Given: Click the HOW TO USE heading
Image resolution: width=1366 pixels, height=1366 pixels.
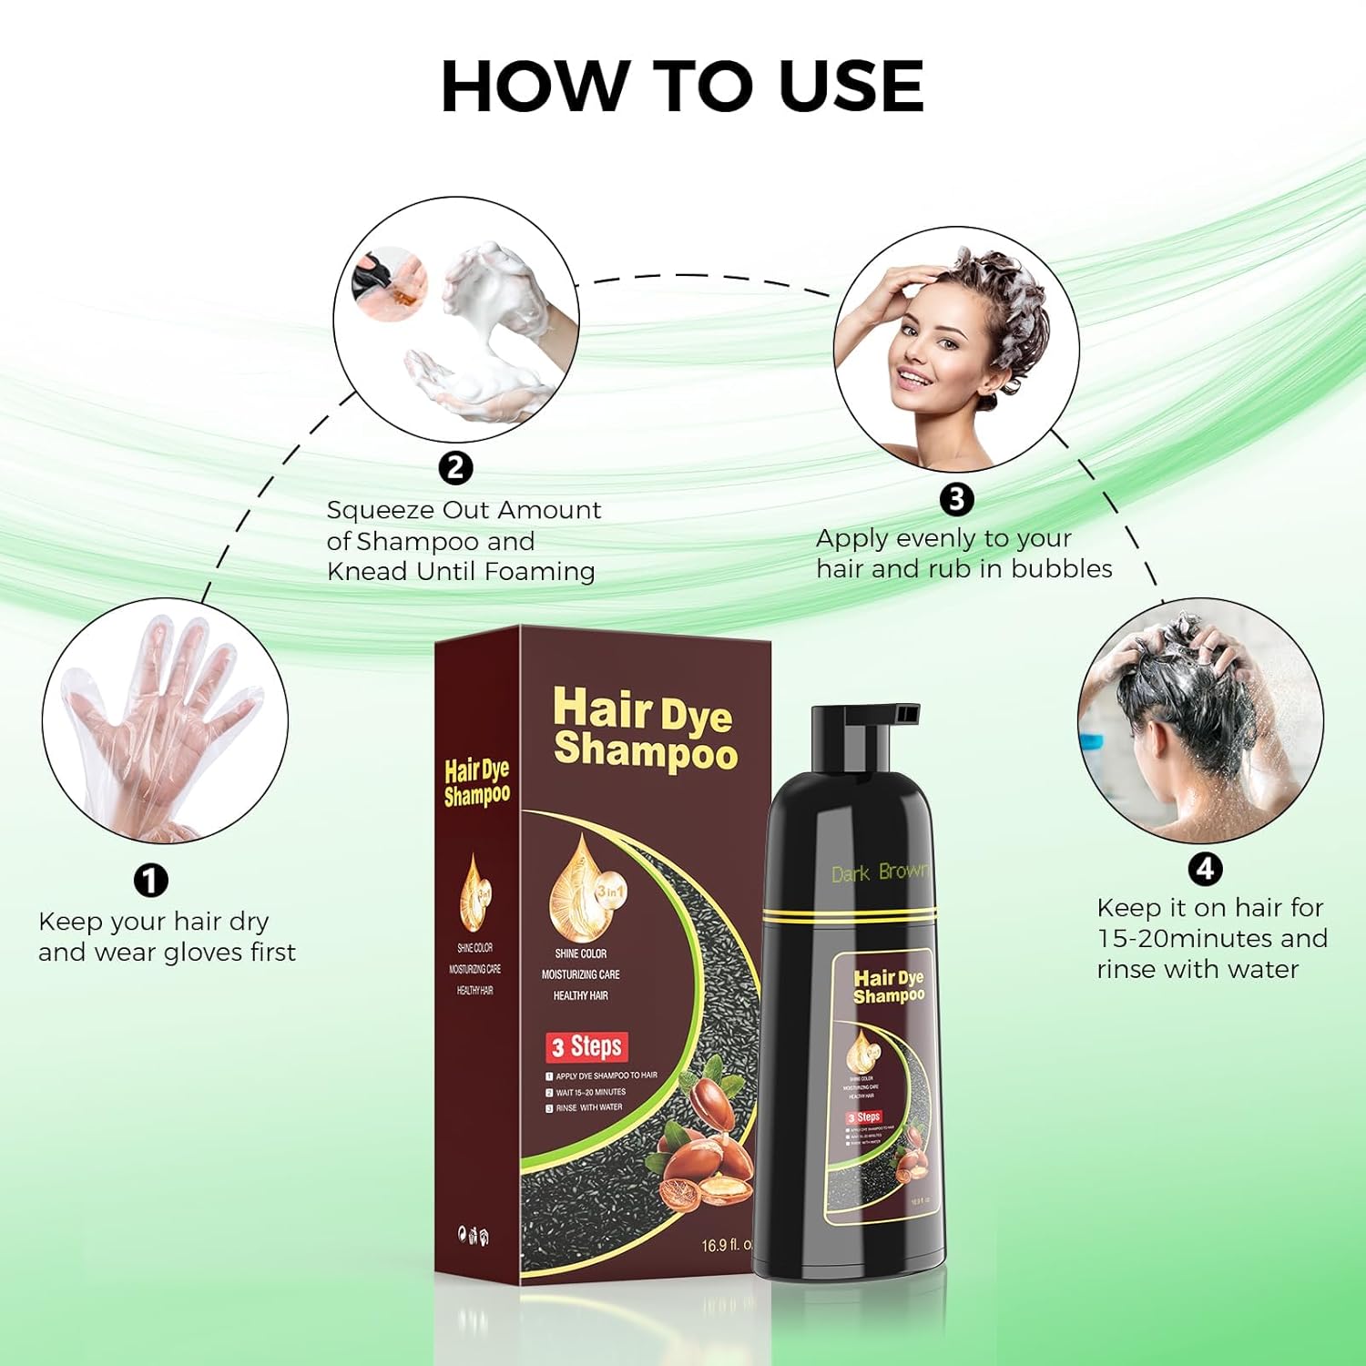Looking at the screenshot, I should coord(682,87).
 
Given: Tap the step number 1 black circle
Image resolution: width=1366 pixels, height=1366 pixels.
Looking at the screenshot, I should coord(151,881).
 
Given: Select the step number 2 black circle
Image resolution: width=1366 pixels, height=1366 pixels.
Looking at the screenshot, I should coord(455,468).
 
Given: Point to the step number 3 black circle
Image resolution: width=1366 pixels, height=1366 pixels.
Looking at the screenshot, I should coord(956,499).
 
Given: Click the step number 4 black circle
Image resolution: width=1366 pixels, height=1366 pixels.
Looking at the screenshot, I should coord(1205,869).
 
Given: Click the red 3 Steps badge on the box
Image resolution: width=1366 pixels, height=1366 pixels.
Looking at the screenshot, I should coord(587,1047).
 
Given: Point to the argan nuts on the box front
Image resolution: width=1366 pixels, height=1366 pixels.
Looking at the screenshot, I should coord(706,1147).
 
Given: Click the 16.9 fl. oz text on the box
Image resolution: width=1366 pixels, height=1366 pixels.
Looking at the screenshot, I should coord(726,1244).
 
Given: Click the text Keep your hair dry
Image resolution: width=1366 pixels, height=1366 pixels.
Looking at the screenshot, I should coord(153,922).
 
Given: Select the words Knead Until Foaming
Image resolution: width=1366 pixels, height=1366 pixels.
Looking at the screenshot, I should coord(460,572).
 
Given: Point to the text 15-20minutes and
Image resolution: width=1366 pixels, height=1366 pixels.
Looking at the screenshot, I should coord(1211,938).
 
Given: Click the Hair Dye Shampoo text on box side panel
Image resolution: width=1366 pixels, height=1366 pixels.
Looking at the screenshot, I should coord(476,783).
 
